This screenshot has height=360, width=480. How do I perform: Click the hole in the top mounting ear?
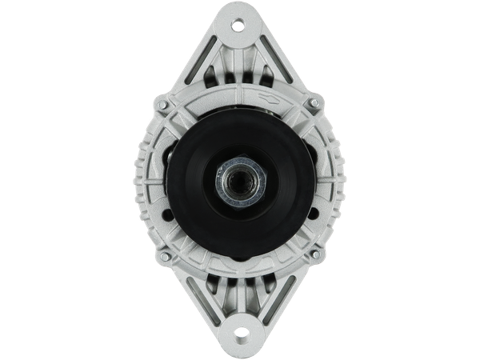tap(238, 25)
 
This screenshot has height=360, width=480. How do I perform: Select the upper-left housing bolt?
tap(163, 104)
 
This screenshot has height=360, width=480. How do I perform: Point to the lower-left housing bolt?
tap(163, 257)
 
